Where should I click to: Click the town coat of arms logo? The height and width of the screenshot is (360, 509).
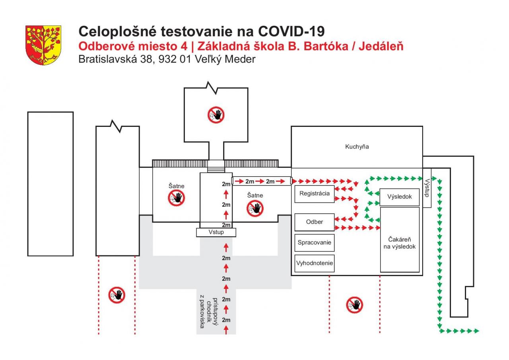[43, 45]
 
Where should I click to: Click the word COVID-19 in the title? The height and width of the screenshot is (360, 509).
[291, 31]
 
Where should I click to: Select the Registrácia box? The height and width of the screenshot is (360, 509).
[314, 194]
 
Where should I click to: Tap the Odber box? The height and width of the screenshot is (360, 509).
[314, 222]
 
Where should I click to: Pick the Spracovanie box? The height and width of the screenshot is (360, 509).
[314, 242]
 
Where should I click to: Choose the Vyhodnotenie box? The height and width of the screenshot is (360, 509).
[314, 263]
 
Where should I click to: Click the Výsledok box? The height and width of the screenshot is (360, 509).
[399, 196]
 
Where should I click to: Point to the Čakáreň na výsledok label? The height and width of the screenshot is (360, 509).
[399, 243]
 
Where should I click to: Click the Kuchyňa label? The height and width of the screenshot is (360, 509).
[357, 146]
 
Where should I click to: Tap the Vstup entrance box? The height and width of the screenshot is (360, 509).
[216, 232]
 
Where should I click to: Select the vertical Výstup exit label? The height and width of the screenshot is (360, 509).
[427, 188]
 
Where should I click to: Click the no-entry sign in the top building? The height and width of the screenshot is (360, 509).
[216, 115]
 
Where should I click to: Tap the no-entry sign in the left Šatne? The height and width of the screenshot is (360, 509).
[176, 197]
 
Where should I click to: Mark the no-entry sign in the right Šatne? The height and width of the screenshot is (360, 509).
[255, 208]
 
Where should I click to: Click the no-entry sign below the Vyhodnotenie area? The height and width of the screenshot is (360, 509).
[354, 305]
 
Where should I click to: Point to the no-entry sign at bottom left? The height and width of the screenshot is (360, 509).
[117, 295]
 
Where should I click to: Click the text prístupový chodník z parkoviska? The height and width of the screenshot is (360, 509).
[209, 312]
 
